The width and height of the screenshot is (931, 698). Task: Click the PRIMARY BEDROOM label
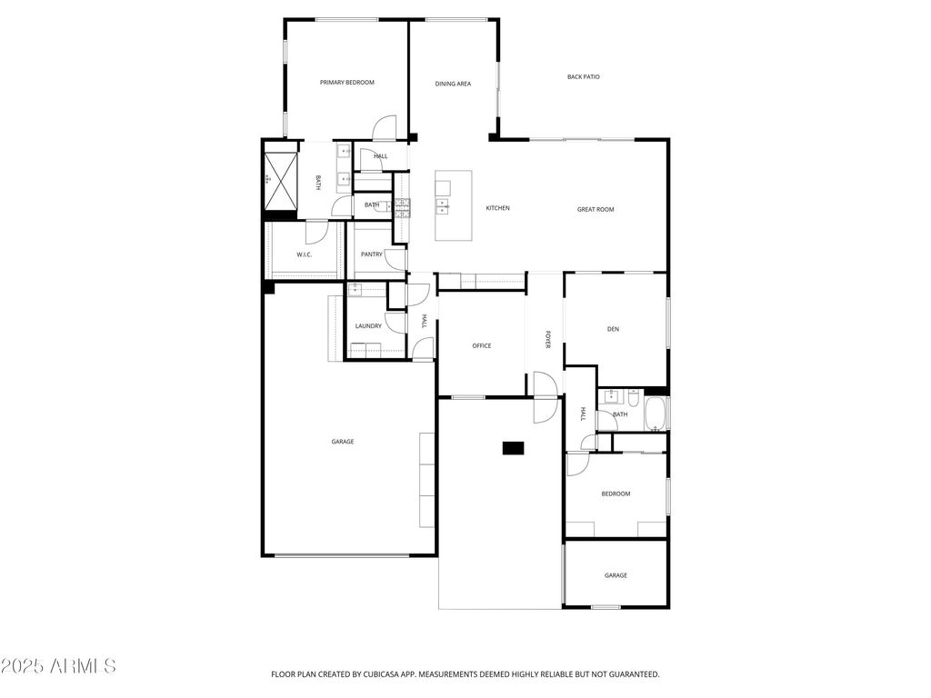click(346, 83)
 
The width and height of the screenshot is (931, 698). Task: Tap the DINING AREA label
click(453, 84)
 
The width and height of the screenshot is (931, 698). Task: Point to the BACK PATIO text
click(584, 77)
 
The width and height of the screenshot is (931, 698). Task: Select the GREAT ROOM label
click(596, 210)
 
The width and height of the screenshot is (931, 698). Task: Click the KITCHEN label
click(497, 208)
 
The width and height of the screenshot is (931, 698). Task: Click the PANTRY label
click(372, 254)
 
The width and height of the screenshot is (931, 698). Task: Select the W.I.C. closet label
click(305, 254)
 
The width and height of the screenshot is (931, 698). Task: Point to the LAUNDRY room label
click(368, 326)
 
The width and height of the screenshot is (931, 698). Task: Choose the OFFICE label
click(482, 345)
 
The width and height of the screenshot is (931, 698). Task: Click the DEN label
click(614, 329)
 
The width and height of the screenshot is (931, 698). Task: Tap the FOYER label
click(548, 339)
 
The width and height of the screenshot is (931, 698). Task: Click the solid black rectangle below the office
click(514, 447)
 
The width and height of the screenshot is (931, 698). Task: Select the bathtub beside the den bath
click(655, 414)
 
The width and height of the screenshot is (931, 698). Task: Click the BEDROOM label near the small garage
click(616, 494)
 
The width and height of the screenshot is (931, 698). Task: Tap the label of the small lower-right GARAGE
click(616, 575)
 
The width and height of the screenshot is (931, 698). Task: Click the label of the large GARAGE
click(342, 442)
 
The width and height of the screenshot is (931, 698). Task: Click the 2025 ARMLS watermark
click(59, 666)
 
